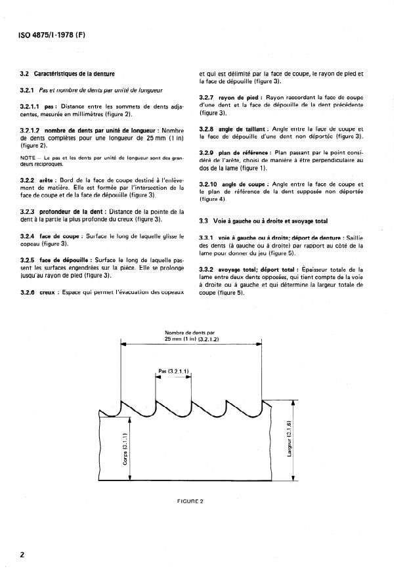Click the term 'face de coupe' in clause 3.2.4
(54, 235)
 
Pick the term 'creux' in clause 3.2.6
(48, 291)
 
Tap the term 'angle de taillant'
(242, 129)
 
